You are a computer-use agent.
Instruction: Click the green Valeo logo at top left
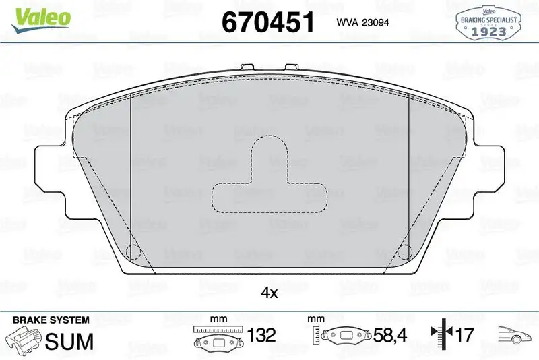tap(38, 17)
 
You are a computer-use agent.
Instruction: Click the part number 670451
tap(268, 22)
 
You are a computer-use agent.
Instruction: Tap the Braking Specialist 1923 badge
tap(488, 24)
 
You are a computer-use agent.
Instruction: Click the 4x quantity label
tap(269, 293)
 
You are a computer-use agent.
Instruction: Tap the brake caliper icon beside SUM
tap(23, 338)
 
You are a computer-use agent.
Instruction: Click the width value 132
tap(261, 335)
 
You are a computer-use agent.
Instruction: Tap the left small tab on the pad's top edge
tap(247, 68)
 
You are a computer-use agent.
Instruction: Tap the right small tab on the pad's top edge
tap(292, 68)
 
